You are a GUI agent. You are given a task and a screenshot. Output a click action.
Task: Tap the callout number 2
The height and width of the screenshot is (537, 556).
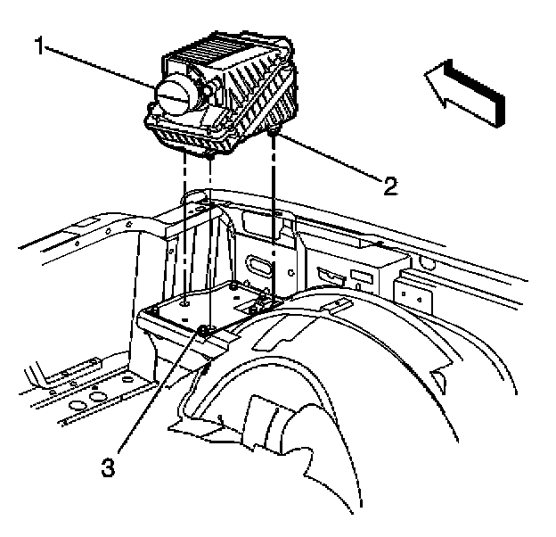389,186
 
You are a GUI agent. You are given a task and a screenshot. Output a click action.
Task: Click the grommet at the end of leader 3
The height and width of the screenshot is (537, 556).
204,332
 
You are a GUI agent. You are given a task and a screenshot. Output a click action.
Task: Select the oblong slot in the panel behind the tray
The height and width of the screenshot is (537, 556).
256,265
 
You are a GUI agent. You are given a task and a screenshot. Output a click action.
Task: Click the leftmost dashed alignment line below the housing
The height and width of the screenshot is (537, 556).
185,223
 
